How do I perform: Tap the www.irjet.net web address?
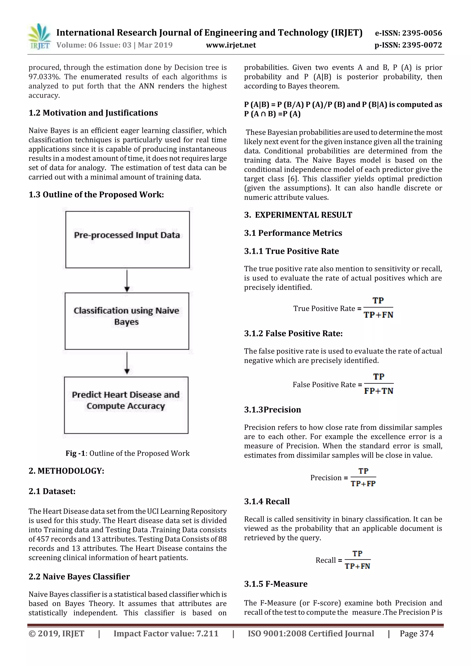[x=231, y=45]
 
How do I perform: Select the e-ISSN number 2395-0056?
[x=422, y=33]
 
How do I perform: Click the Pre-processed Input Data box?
[x=127, y=239]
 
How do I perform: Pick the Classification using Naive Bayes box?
[x=127, y=321]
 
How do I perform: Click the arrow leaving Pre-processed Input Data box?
[x=127, y=280]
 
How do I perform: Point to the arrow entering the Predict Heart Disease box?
[x=127, y=363]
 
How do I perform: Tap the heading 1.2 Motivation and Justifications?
[x=93, y=113]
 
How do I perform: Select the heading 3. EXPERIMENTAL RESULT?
[x=298, y=215]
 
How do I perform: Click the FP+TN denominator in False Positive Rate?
[x=379, y=391]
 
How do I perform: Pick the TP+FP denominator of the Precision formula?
[x=363, y=483]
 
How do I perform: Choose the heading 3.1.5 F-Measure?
[x=276, y=584]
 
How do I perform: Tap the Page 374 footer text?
[x=416, y=634]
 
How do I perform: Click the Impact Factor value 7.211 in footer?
[x=207, y=634]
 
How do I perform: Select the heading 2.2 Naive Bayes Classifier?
[x=79, y=577]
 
